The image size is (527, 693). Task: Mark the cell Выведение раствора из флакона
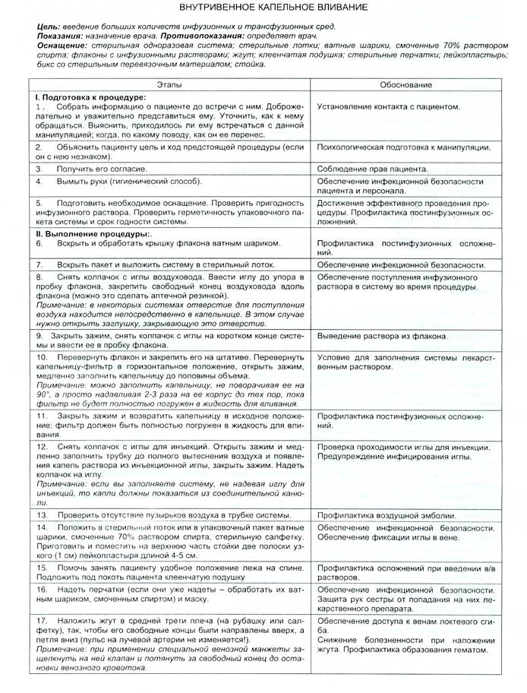(x=381, y=336)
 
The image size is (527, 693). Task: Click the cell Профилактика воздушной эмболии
(x=387, y=515)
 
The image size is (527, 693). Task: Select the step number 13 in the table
(x=42, y=514)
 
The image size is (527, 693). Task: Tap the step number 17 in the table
(x=43, y=620)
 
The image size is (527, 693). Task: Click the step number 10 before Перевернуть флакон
(x=43, y=356)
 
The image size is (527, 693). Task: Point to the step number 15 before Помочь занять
(x=42, y=567)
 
